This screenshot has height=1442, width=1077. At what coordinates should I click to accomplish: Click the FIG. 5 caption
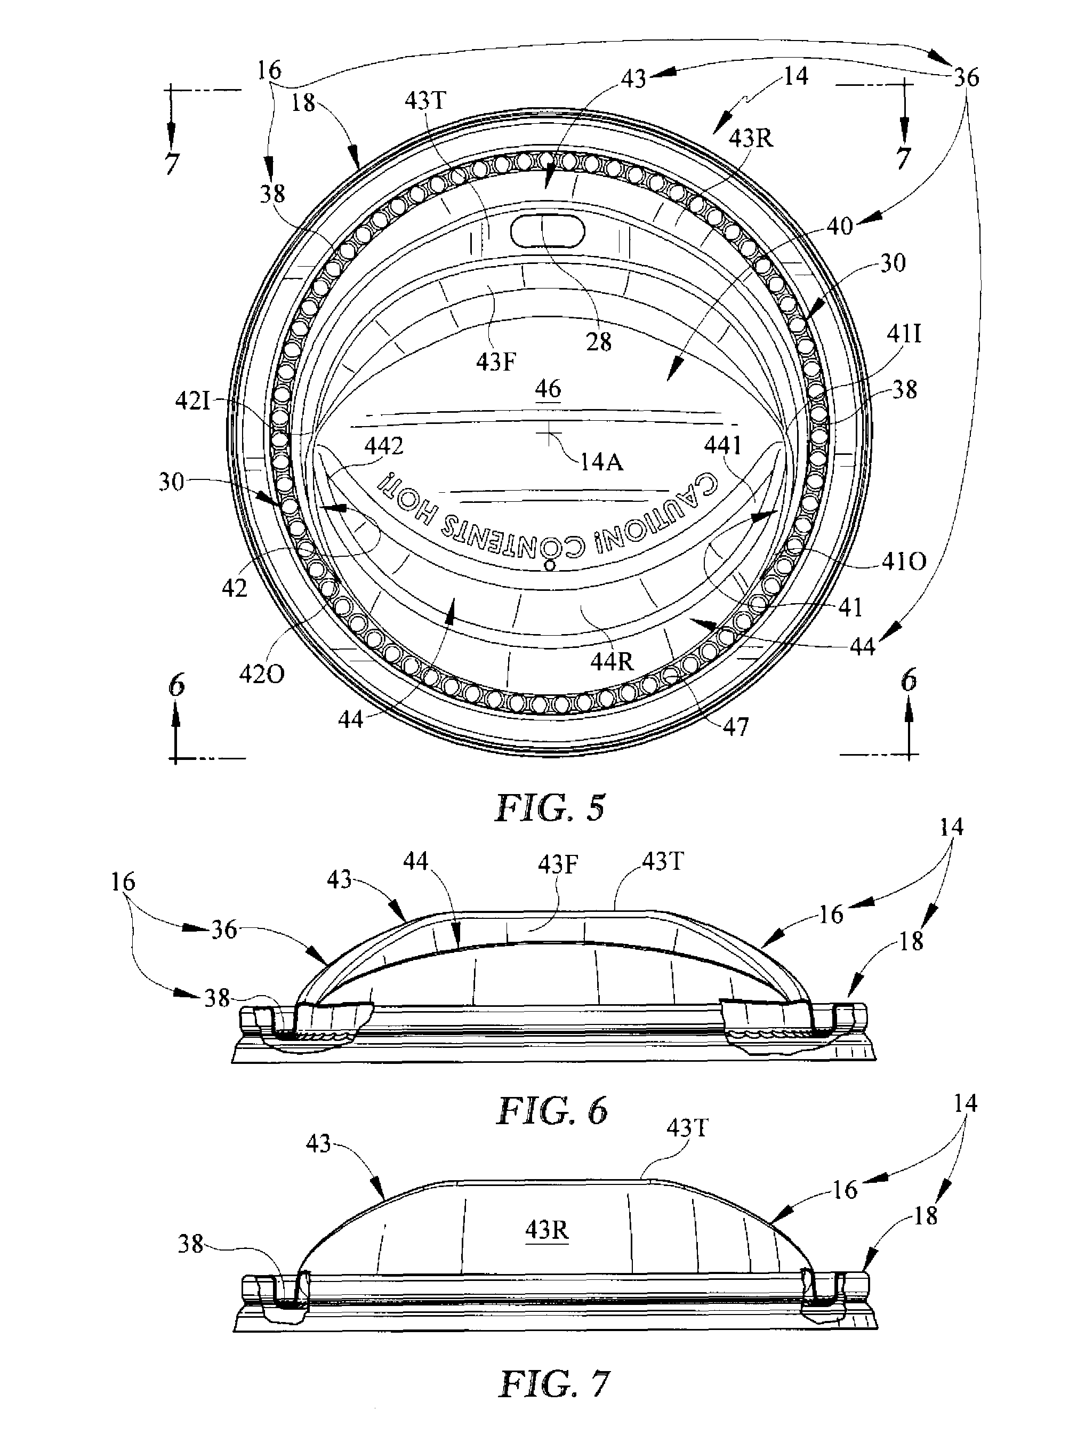550,808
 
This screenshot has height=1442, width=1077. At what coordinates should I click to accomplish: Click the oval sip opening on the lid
548,231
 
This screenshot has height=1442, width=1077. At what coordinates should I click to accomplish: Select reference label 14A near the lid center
601,462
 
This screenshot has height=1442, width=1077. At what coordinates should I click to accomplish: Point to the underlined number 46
548,389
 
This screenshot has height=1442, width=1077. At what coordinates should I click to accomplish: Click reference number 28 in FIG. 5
598,342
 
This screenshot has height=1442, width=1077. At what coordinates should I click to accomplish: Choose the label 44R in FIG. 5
612,662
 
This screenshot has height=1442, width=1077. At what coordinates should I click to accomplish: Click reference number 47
735,726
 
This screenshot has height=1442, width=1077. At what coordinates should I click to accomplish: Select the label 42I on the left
194,400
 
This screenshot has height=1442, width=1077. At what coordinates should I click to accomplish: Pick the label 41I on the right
904,334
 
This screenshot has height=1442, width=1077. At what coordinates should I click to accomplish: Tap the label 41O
904,562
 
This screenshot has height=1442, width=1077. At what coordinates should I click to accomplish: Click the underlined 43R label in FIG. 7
547,1231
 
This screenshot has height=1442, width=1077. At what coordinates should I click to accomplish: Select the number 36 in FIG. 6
223,930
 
